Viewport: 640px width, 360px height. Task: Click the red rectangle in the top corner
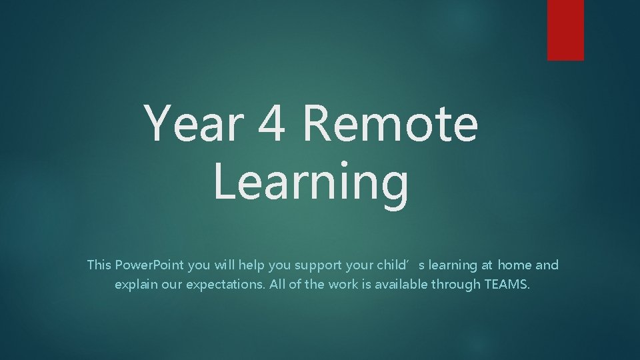pos(565,29)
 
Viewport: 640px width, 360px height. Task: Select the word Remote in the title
pos(391,124)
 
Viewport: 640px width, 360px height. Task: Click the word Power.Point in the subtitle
pos(150,265)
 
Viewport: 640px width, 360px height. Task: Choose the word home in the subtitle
pos(514,265)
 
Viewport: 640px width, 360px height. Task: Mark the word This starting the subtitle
pos(99,265)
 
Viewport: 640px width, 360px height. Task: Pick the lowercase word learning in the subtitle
pos(453,265)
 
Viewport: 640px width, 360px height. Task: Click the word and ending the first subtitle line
pos(547,265)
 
